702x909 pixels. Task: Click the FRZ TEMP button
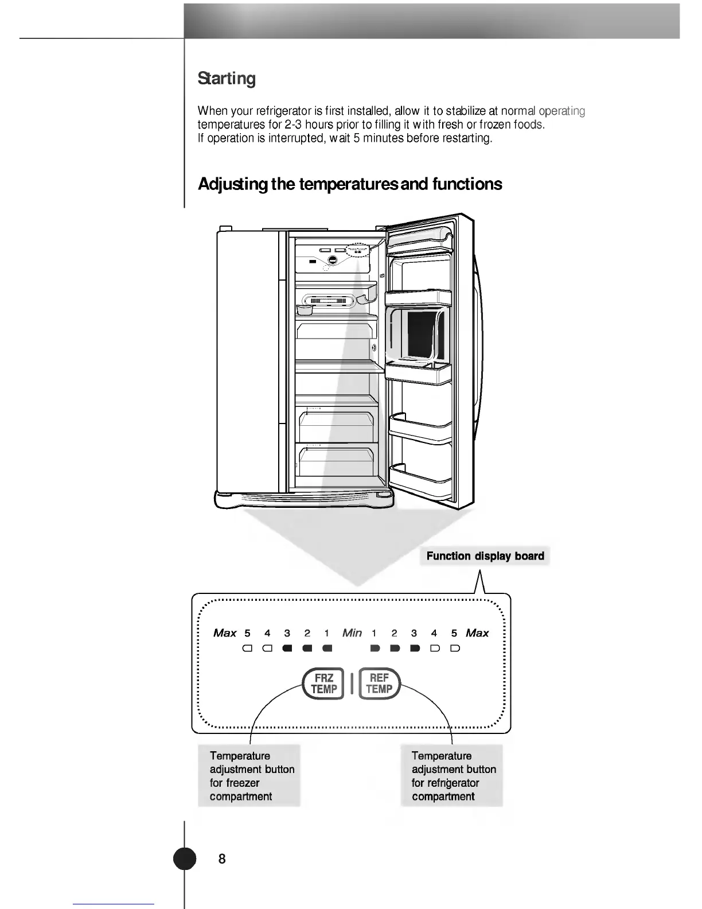[x=323, y=683]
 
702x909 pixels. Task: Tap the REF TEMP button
[x=379, y=683]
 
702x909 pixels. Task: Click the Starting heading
[x=227, y=78]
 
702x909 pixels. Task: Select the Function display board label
[x=485, y=556]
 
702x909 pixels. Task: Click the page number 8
[x=222, y=858]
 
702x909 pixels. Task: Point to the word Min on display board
[x=352, y=633]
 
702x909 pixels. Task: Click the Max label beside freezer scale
[x=225, y=633]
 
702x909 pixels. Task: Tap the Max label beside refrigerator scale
[x=477, y=633]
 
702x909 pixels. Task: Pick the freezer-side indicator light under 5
[x=247, y=649]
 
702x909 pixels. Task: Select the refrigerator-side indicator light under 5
[x=454, y=649]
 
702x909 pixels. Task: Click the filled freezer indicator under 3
[x=287, y=649]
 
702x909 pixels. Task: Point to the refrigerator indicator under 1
[x=375, y=649]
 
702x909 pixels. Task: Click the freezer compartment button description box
[x=249, y=776]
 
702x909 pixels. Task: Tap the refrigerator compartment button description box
[x=452, y=776]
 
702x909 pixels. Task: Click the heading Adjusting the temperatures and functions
[x=350, y=184]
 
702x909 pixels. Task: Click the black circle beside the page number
[x=185, y=858]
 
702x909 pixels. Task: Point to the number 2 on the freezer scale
[x=307, y=633]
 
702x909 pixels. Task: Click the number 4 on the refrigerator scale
[x=434, y=633]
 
